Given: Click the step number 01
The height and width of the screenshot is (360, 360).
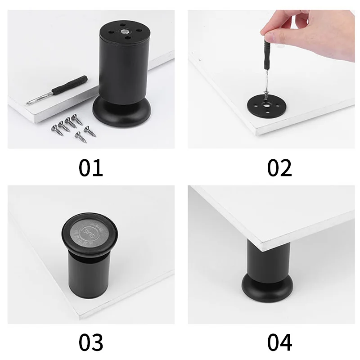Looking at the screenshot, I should (91, 167).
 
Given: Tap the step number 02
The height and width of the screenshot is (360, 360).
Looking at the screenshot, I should (279, 167).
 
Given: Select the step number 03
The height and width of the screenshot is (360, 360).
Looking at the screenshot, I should (91, 342).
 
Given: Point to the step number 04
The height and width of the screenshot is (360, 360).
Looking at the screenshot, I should (279, 342).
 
